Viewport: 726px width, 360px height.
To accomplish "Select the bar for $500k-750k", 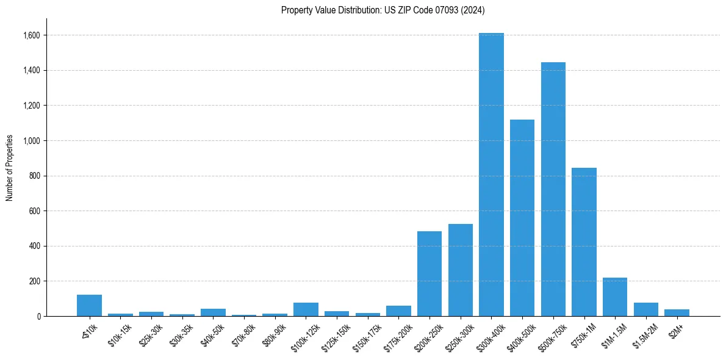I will click(553, 189).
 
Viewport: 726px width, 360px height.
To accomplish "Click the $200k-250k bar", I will click(429, 274).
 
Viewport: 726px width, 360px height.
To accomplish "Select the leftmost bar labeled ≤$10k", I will click(89, 306).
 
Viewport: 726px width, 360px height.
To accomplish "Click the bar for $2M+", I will click(677, 313).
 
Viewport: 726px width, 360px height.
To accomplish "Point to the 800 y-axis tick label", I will click(35, 176).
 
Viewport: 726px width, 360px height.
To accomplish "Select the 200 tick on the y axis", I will click(35, 281).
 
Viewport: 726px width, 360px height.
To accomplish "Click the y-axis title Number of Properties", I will click(10, 167).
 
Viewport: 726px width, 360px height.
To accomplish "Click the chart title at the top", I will click(383, 10).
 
